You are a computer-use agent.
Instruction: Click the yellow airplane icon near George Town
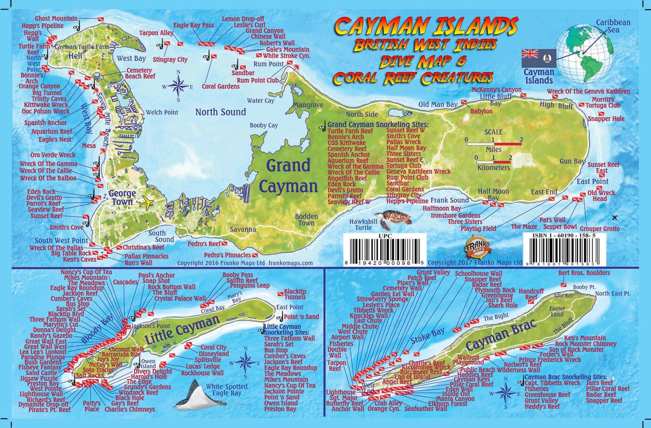point(146,203)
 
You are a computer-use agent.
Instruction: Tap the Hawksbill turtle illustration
point(394,220)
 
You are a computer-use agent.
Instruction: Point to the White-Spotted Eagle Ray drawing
point(198,395)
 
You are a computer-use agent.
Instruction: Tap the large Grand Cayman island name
point(288,175)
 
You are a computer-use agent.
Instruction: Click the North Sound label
point(221,112)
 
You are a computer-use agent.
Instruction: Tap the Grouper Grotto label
point(599,229)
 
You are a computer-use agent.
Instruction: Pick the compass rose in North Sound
point(178,85)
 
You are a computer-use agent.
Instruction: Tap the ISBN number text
point(569,237)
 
